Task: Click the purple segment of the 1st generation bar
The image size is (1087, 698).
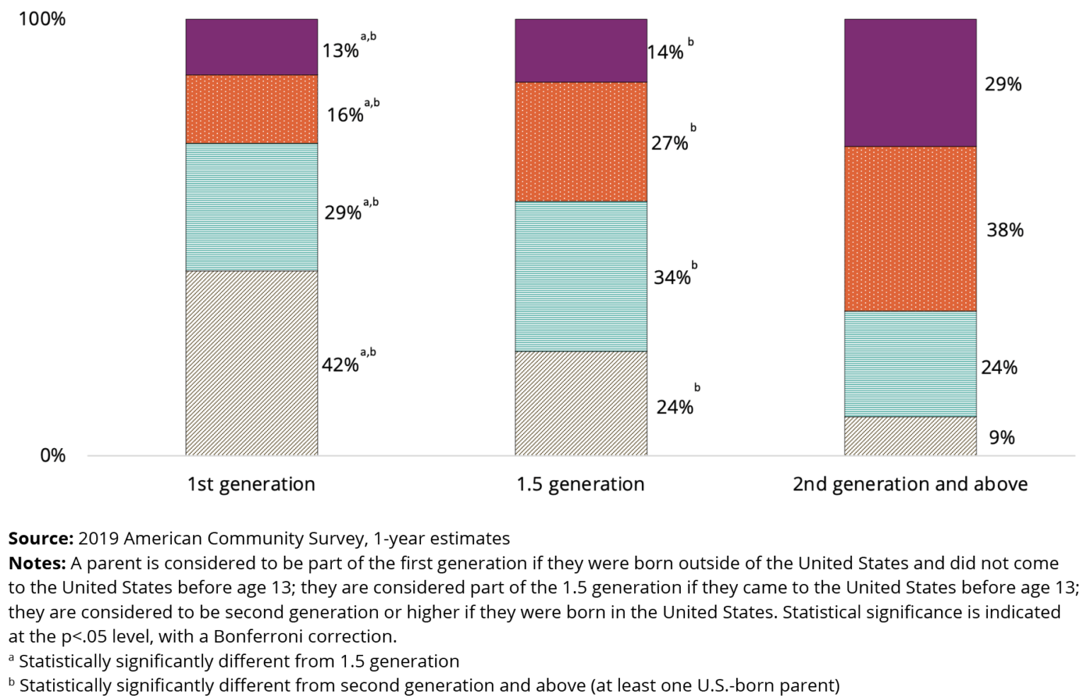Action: coord(251,47)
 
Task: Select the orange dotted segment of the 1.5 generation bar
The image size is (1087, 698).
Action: coord(580,142)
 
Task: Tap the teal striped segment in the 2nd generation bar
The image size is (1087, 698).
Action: coord(910,364)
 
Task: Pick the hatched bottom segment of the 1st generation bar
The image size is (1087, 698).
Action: coord(251,362)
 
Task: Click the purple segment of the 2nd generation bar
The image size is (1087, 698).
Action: coord(910,83)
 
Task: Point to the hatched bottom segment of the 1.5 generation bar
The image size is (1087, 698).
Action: coord(580,403)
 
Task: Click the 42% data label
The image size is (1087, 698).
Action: coord(340,365)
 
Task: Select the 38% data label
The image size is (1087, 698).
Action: coord(1005,230)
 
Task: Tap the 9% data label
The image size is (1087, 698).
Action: coord(1001,437)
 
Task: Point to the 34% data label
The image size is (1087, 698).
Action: coord(672,278)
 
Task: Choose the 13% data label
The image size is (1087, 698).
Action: coord(340,51)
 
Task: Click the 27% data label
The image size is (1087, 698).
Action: coord(669,143)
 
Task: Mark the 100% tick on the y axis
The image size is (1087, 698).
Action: coord(42,19)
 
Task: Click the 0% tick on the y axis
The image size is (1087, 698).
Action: coord(52,455)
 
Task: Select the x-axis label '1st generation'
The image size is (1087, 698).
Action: coord(251,484)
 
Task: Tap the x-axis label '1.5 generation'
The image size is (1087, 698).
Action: coord(580,484)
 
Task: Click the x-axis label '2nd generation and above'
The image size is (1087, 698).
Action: coord(910,484)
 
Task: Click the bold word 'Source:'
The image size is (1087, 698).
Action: coord(40,538)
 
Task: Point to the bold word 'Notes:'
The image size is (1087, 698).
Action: coord(37,563)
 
